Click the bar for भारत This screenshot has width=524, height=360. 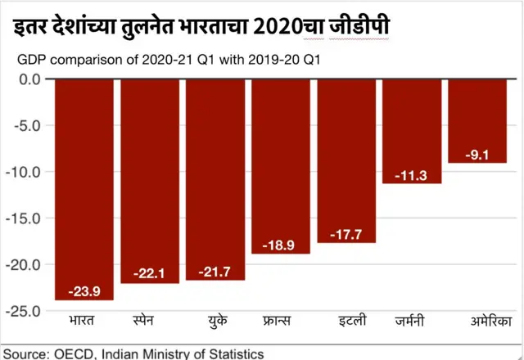84,188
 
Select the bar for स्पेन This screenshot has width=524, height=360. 150,180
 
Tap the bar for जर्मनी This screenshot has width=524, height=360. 412,131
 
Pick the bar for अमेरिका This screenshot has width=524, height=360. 477,121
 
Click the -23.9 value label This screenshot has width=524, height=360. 84,290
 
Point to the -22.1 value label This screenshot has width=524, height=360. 150,272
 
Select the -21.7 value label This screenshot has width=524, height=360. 215,269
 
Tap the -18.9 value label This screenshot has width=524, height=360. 281,244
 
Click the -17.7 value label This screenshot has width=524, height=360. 346,232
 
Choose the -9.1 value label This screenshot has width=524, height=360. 477,153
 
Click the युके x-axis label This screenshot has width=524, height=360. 215,321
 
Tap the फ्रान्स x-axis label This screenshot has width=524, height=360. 281,321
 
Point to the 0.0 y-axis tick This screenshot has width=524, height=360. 29,79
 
